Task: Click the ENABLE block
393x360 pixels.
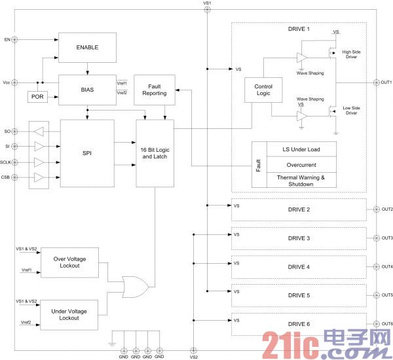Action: click(x=87, y=46)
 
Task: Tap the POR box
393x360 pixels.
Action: click(x=37, y=96)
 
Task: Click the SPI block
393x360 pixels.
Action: click(x=87, y=153)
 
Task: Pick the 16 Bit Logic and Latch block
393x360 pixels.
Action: click(x=155, y=153)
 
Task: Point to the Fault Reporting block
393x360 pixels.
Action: click(x=154, y=89)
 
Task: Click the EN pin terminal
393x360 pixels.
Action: click(x=16, y=40)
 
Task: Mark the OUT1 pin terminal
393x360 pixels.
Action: click(x=374, y=82)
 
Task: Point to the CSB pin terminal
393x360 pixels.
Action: click(x=16, y=177)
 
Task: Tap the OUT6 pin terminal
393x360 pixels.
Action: click(x=374, y=323)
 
